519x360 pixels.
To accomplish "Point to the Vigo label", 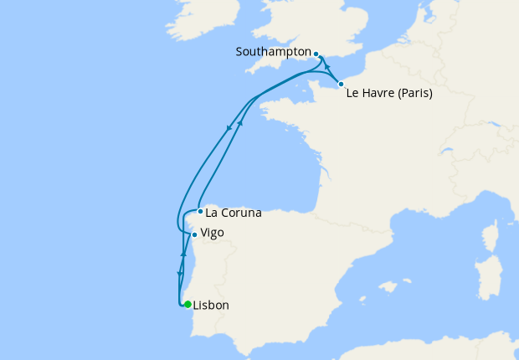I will tap(212, 233).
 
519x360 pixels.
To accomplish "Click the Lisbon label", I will tap(211, 306).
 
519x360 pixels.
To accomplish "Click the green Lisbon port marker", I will tap(188, 305).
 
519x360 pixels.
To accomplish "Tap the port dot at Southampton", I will tap(316, 53).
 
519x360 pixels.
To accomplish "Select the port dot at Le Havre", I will tap(341, 84).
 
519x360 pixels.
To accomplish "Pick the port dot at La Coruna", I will tap(200, 211).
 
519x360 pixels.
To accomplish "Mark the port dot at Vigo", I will tap(194, 234).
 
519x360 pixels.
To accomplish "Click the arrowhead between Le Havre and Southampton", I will tap(327, 68).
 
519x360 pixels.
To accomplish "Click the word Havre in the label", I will tap(377, 94).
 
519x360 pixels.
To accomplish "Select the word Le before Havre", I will tap(353, 94).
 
